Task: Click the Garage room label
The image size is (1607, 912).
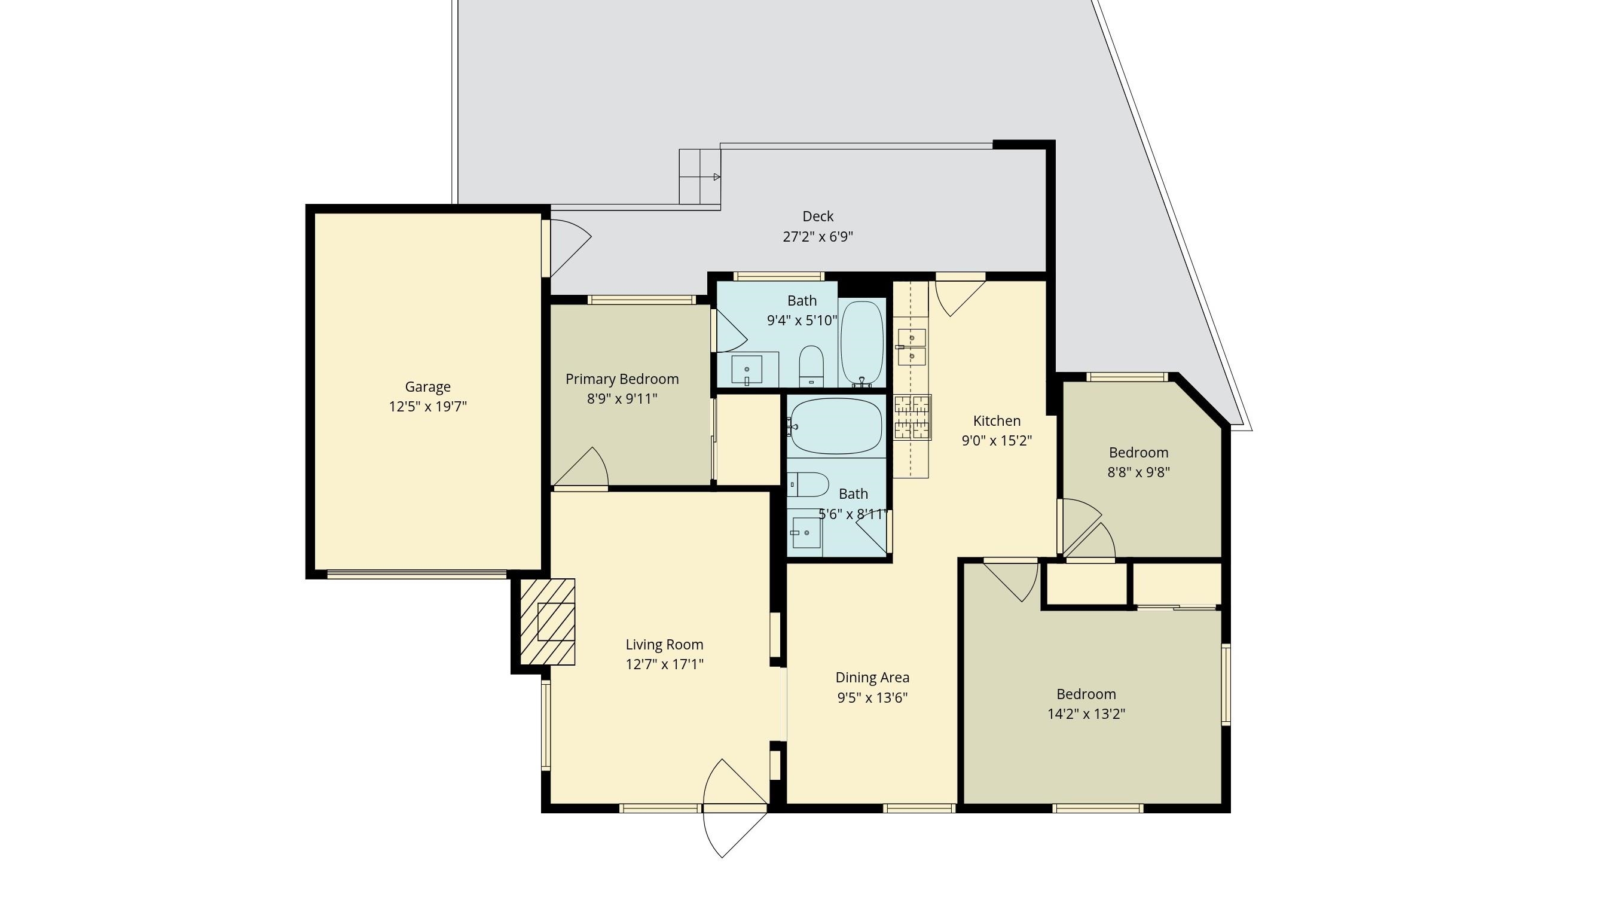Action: click(427, 386)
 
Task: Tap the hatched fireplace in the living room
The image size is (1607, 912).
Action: click(548, 621)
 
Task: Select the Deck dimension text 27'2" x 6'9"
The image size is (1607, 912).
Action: click(818, 237)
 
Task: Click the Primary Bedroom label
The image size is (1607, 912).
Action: click(622, 379)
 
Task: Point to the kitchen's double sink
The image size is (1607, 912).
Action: click(912, 347)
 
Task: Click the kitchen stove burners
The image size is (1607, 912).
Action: click(912, 417)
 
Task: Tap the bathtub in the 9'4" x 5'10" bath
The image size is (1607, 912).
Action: click(861, 344)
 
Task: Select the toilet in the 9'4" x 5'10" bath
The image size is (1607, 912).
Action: click(811, 366)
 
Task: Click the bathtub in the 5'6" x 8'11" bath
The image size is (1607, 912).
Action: click(836, 426)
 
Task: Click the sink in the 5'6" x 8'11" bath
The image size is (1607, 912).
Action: click(806, 532)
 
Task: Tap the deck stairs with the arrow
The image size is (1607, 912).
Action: click(700, 176)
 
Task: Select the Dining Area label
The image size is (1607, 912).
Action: click(872, 677)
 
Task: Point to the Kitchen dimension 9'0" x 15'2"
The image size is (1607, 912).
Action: click(997, 441)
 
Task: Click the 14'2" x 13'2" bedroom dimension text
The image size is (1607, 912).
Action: click(1086, 714)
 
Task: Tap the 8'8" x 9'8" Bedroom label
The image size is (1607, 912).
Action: click(1138, 452)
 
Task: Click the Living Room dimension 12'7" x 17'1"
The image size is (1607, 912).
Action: click(664, 664)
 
